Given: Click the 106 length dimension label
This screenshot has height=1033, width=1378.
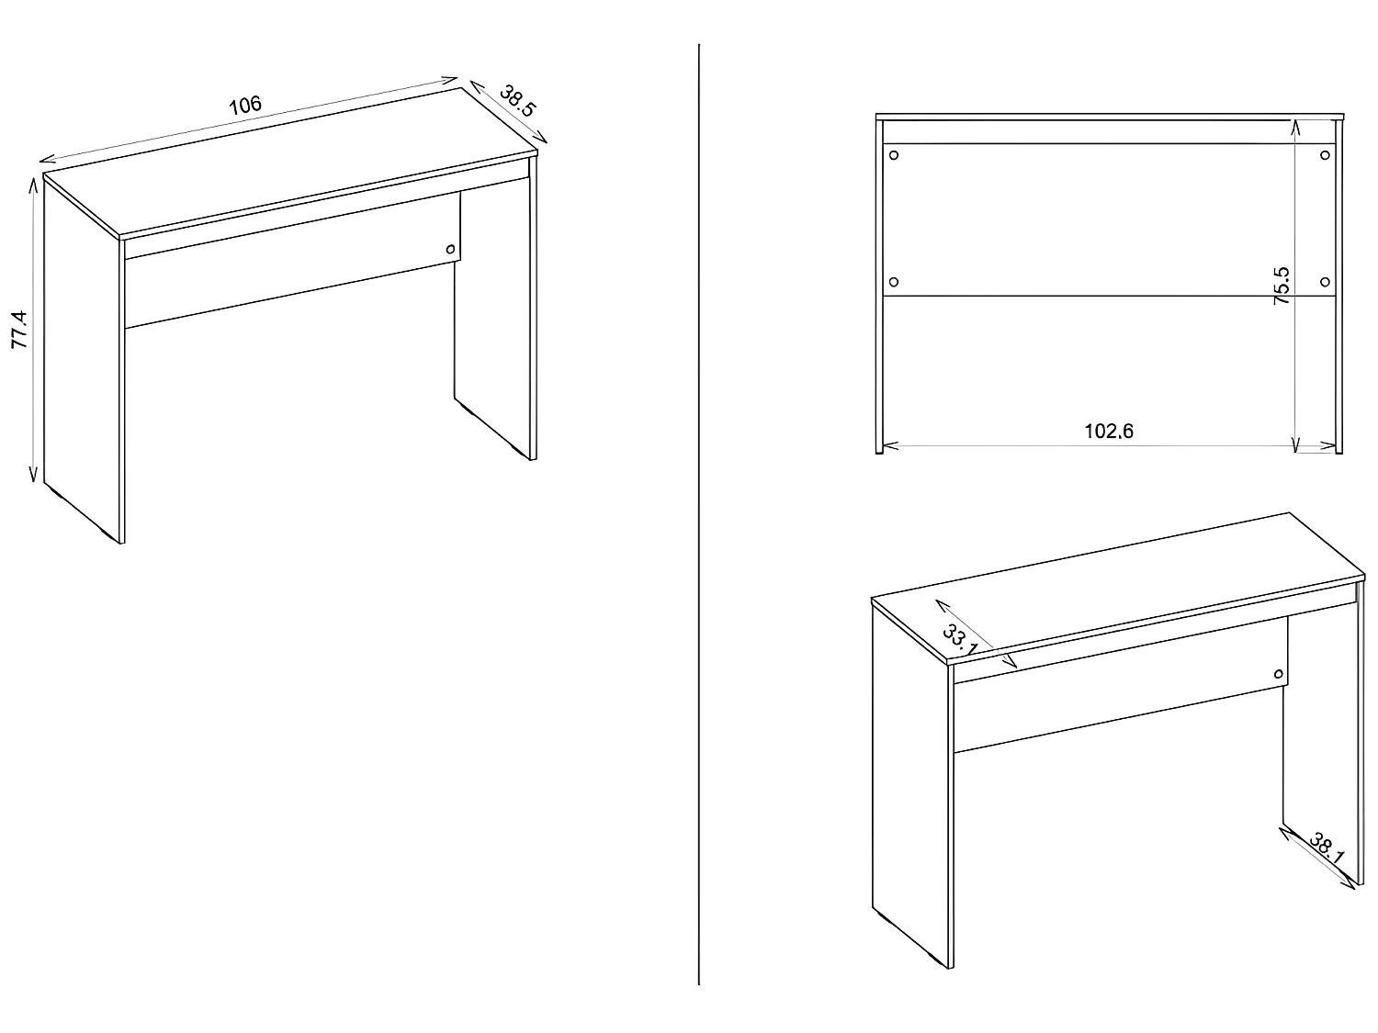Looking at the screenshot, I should tap(245, 105).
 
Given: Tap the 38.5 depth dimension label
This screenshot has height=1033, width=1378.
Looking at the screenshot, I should tap(517, 100).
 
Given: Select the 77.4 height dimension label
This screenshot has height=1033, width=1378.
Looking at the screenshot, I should tap(20, 331).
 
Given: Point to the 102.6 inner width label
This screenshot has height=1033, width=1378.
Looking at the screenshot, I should tap(1109, 431).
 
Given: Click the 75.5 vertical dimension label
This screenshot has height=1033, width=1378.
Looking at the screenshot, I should tap(1282, 286).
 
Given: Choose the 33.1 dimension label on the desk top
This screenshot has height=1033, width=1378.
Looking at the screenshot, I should tap(961, 636).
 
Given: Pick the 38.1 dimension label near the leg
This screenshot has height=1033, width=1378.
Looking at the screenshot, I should tap(1328, 849).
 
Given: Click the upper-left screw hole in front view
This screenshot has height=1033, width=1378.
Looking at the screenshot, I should tap(894, 155).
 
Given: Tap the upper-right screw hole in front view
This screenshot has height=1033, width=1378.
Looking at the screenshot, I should tap(1325, 155).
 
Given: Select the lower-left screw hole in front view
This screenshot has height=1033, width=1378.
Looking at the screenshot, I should tap(894, 281).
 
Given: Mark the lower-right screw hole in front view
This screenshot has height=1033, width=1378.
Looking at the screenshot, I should tap(1325, 281).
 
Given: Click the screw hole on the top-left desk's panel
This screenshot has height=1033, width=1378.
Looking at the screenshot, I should tap(450, 249).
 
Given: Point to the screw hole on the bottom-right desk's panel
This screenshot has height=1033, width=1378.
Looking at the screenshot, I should tap(1279, 675).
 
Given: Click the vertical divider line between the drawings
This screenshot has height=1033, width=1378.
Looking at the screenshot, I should tap(699, 514).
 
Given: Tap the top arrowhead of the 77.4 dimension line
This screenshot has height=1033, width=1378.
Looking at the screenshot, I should tap(34, 183).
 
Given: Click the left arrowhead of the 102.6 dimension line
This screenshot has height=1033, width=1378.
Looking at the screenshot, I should tap(888, 447).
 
